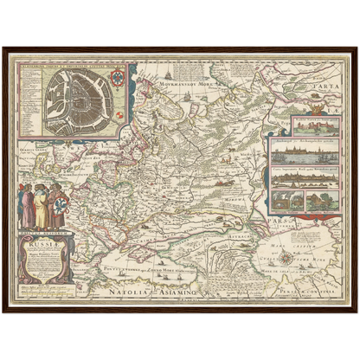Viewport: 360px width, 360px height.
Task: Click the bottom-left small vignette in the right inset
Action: (x=285, y=201)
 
